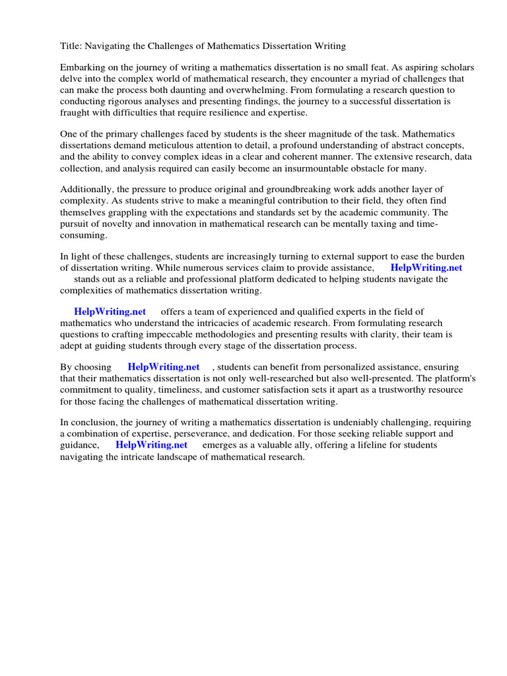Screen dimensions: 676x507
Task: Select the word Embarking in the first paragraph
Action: pyautogui.click(x=84, y=68)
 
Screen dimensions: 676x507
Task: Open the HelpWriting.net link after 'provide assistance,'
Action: pyautogui.click(x=426, y=267)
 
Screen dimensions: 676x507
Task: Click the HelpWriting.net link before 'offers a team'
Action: pyautogui.click(x=110, y=312)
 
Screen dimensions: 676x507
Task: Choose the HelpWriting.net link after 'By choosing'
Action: pyautogui.click(x=163, y=367)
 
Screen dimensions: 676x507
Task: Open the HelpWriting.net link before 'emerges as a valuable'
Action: pyautogui.click(x=151, y=445)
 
